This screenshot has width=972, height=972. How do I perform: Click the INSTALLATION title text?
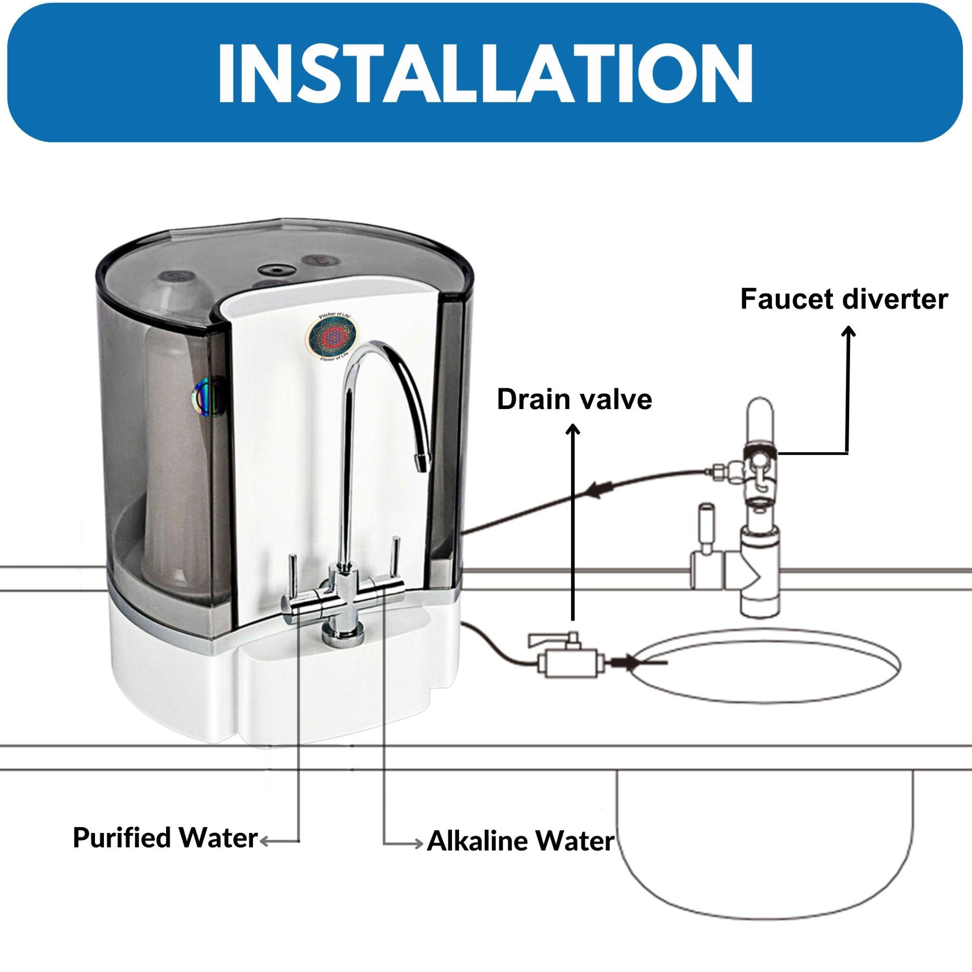coord(485,74)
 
